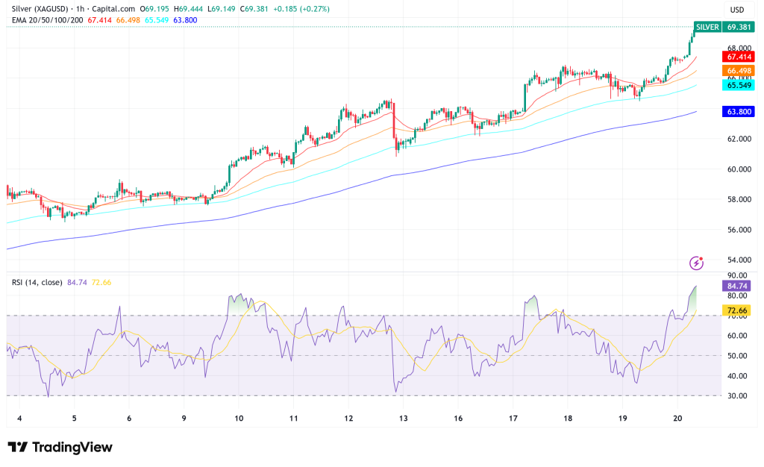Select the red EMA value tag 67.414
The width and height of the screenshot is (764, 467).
(738, 56)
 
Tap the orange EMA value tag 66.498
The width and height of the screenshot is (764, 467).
(738, 71)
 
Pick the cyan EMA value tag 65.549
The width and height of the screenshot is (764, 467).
(738, 85)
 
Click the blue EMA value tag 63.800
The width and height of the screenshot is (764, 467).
(738, 112)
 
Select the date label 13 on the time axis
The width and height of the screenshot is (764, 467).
(402, 419)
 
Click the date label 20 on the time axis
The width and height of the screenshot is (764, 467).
(676, 419)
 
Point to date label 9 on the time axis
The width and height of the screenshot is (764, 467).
(184, 419)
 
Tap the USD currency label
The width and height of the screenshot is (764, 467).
(736, 10)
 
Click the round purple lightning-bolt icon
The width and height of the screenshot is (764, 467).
(696, 263)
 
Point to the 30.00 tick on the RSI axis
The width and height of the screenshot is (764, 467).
(737, 395)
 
